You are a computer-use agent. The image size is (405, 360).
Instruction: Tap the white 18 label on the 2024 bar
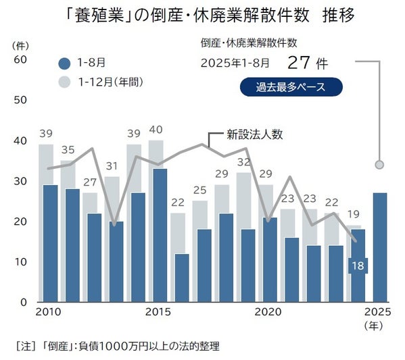[x=358, y=265]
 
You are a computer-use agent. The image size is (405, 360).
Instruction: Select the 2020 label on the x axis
[x=269, y=312]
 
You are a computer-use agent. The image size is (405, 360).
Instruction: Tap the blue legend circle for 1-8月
[x=64, y=64]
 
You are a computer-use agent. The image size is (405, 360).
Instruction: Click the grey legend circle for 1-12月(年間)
[x=64, y=82]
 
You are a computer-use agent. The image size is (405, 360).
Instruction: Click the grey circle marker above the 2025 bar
[x=380, y=164]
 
